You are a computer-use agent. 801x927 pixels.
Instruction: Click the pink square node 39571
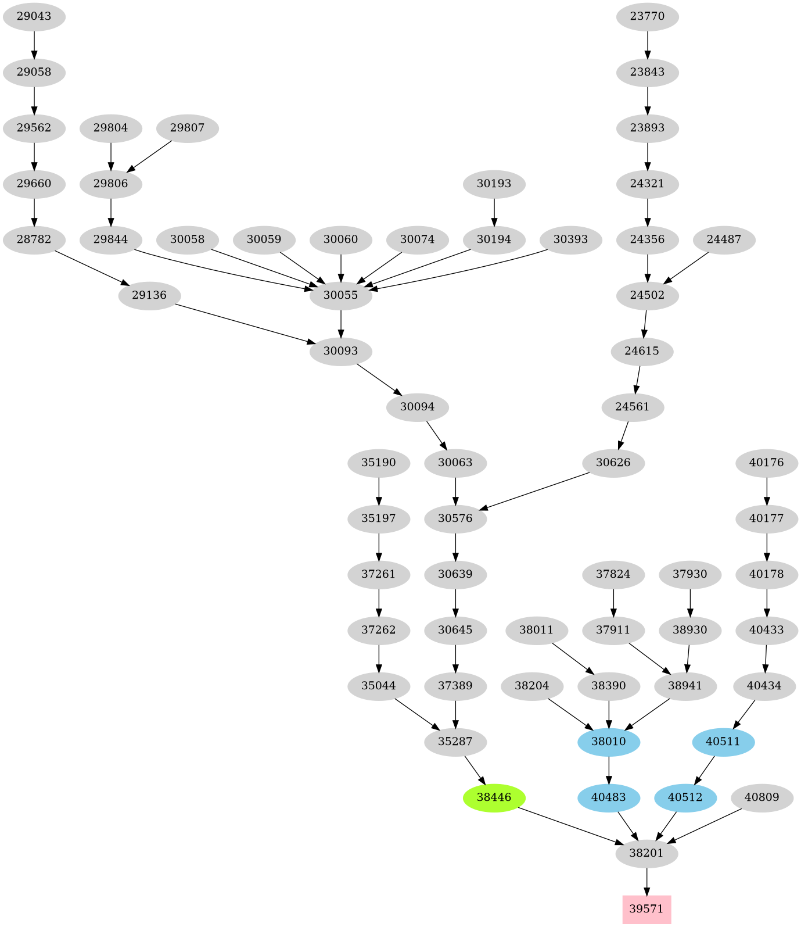coord(646,909)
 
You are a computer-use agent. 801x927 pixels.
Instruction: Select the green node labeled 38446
coord(494,797)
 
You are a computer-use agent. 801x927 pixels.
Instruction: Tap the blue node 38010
coord(609,742)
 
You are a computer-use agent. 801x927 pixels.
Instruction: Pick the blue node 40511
coord(723,742)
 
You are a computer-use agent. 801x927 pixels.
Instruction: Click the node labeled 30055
coord(340,295)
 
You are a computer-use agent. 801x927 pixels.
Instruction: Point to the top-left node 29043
coord(34,16)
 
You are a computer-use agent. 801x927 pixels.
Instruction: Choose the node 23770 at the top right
coord(647,16)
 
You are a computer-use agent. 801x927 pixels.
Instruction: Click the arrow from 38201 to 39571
coord(647,882)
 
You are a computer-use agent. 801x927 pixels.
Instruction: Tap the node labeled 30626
coord(613,463)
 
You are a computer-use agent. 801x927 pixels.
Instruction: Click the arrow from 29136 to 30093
coord(244,324)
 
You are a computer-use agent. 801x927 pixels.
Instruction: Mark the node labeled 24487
coord(724,239)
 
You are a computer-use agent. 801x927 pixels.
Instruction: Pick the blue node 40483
coord(609,797)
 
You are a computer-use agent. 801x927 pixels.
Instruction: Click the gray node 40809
coord(762,797)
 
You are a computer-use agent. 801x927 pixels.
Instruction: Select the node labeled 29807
coord(187,128)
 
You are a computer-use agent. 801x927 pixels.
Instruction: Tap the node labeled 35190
coord(379,463)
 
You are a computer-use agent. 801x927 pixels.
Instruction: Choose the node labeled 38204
coord(532,686)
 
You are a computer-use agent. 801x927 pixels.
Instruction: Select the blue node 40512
coord(685,797)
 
